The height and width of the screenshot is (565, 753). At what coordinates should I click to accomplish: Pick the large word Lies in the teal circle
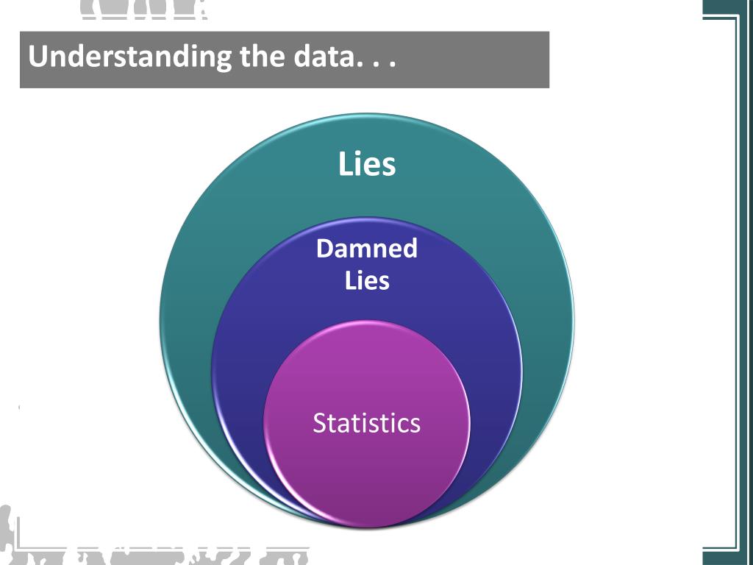coord(367,164)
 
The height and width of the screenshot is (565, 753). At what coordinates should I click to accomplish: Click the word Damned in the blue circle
coord(366,249)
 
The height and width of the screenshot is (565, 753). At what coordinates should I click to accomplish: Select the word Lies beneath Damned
coord(367,280)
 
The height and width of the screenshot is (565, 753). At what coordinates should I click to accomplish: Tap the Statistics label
coord(366,423)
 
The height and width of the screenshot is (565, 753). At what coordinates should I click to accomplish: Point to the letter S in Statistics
coord(319,423)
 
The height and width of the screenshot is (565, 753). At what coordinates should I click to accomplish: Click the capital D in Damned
coord(324,249)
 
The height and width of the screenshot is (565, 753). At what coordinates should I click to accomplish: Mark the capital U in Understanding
coord(37,57)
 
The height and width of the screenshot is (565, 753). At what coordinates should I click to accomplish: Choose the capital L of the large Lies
coord(344,164)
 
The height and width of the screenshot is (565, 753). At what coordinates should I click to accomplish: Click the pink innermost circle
coord(366,471)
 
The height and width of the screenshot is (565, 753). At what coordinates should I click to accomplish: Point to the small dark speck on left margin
coord(19,406)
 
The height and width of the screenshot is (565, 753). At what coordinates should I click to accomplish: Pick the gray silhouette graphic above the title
coord(140,9)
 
